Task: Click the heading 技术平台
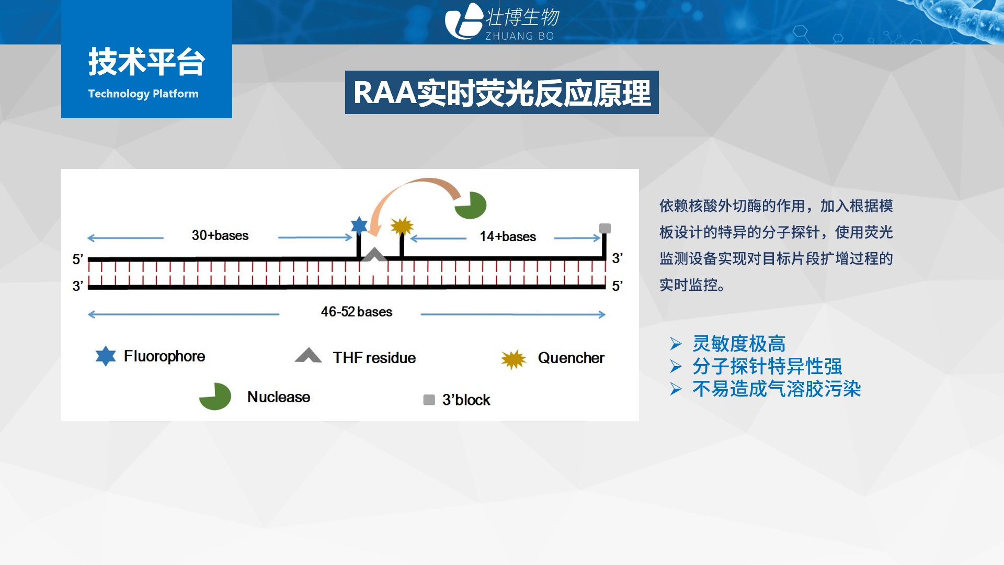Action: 146,62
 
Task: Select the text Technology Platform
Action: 143,94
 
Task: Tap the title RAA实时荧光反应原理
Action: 502,93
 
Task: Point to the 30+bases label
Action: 220,235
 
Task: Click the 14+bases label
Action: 508,236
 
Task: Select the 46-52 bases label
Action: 357,312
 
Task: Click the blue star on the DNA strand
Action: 359,225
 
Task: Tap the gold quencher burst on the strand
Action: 402,227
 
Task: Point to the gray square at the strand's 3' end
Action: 605,228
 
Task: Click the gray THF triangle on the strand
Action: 374,255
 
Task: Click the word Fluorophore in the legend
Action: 164,356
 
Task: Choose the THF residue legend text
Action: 374,358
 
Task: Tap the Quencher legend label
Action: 571,358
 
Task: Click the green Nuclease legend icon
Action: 216,397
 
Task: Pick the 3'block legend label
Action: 466,400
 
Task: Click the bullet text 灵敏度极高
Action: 739,344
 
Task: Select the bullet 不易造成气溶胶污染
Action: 777,389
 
